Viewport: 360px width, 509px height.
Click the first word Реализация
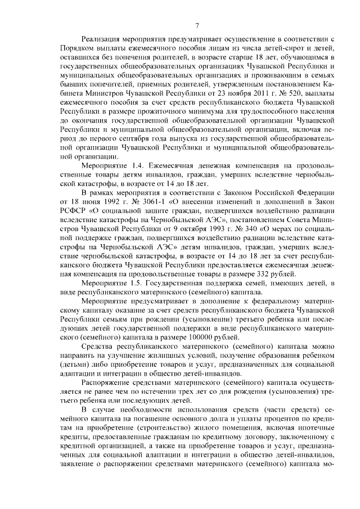tap(103, 40)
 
